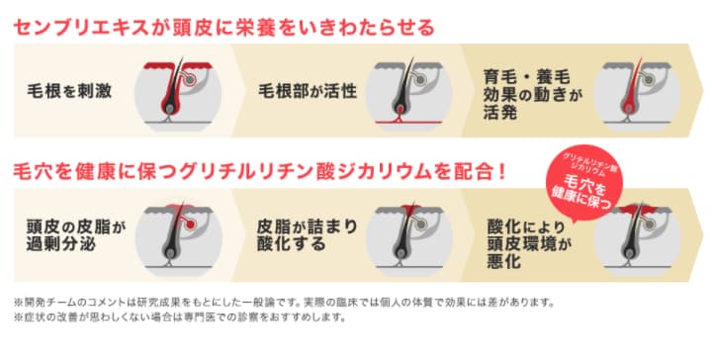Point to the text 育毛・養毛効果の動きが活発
point(534,92)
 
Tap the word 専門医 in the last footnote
point(223,318)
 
